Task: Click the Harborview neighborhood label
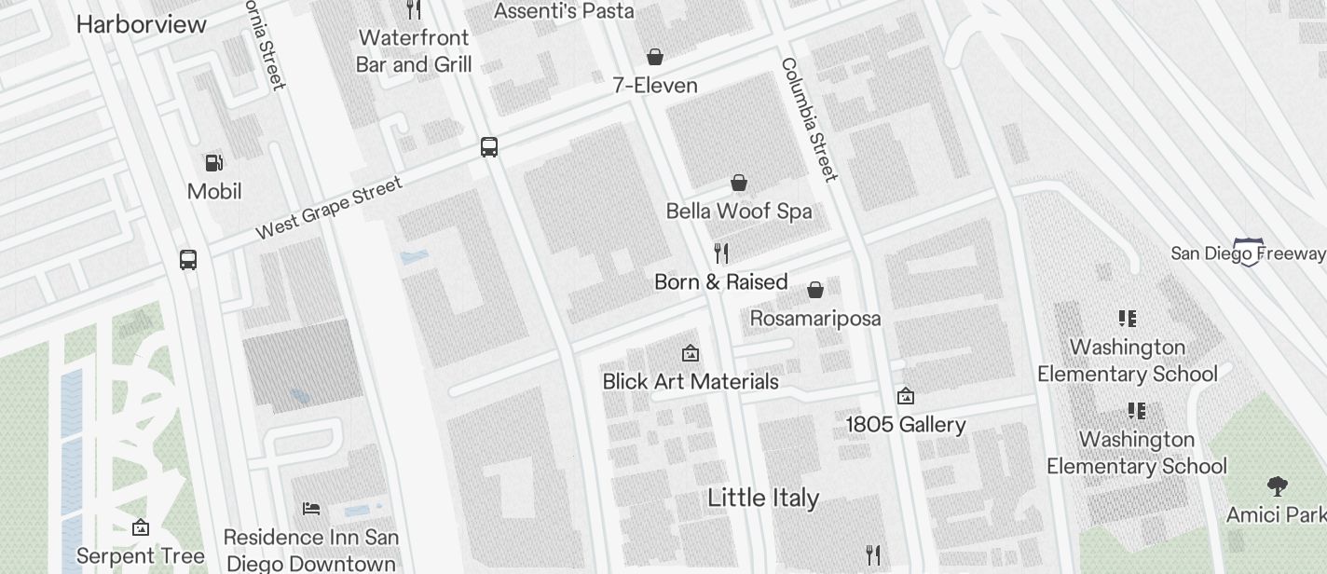point(141,24)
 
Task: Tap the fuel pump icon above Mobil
point(214,163)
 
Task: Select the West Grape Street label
point(329,207)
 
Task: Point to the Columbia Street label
point(809,119)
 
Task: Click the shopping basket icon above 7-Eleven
point(655,57)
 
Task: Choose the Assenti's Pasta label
point(563,11)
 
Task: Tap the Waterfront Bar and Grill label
point(414,51)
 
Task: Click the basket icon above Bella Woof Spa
point(739,183)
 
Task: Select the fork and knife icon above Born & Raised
point(720,253)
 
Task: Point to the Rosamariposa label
point(815,319)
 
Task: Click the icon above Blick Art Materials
point(691,353)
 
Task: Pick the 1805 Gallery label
point(905,425)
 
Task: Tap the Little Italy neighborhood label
point(763,498)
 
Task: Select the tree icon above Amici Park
point(1277,485)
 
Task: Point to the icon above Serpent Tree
point(140,528)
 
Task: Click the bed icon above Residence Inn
point(311,509)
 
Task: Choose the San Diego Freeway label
point(1247,253)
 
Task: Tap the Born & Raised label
point(720,281)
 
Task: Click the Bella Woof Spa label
point(738,212)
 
